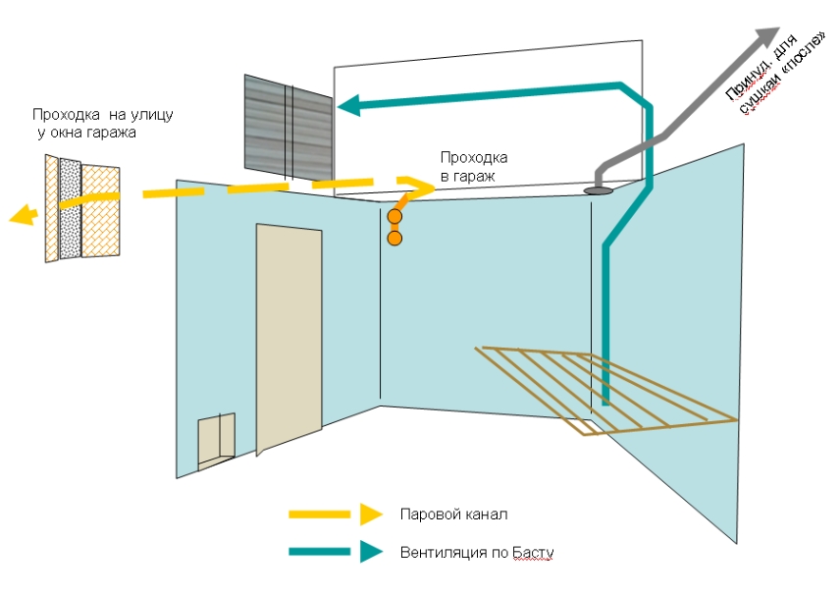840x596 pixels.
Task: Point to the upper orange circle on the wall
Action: pyautogui.click(x=394, y=216)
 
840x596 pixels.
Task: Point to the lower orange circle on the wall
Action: pyautogui.click(x=394, y=238)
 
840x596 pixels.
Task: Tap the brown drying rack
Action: pyautogui.click(x=608, y=388)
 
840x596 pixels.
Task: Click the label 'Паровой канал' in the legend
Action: pyautogui.click(x=453, y=515)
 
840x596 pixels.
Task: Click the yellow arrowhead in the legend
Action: pyautogui.click(x=370, y=514)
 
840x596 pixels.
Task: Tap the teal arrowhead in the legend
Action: pyautogui.click(x=370, y=552)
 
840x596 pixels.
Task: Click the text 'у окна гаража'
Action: pyautogui.click(x=82, y=133)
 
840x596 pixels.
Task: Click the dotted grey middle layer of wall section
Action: pyautogui.click(x=70, y=208)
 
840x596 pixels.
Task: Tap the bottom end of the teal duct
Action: pyautogui.click(x=606, y=400)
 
